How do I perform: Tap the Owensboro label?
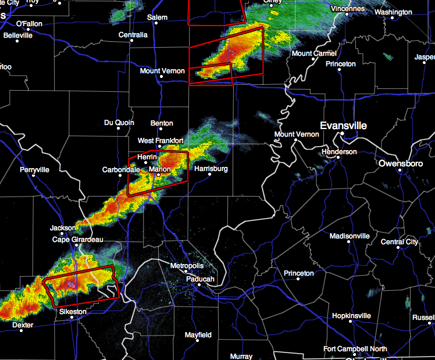400,163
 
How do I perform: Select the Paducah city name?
201,280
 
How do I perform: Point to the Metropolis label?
187,266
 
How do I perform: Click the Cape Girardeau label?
78,240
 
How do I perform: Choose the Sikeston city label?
73,312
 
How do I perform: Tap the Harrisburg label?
211,169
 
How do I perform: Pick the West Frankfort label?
161,141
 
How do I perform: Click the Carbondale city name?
121,170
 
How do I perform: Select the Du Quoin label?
119,123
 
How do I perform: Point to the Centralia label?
133,35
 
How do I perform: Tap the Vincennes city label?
348,9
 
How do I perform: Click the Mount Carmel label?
314,54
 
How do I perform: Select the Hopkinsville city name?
351,316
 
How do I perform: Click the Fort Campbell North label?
355,349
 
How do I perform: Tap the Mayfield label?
198,335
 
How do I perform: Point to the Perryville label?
34,170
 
